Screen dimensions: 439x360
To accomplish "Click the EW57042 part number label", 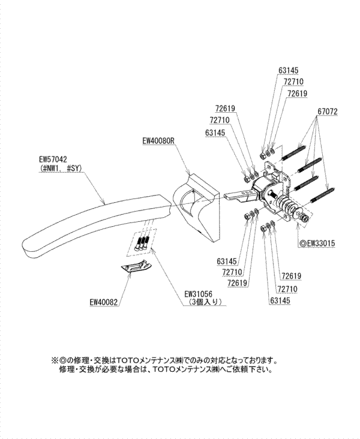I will click(x=52, y=160).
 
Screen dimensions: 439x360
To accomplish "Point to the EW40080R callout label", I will click(x=158, y=142).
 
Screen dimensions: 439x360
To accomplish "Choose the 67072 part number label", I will click(x=326, y=112).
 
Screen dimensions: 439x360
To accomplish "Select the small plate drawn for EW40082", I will click(x=135, y=267).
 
